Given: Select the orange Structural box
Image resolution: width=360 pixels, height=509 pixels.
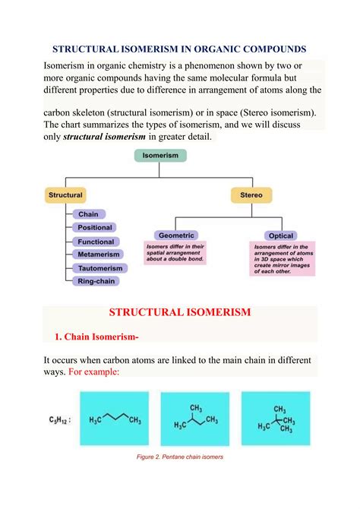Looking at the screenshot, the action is tap(66, 195).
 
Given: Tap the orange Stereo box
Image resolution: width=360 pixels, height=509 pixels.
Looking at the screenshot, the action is tap(251, 195).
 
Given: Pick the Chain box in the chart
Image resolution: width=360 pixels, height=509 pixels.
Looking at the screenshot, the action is tap(88, 214).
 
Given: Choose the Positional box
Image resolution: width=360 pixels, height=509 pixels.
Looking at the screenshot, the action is tap(95, 228).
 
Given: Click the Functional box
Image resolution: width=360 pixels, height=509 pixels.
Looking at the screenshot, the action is tap(95, 242).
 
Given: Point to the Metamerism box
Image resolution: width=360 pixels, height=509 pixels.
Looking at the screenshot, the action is tap(96, 254).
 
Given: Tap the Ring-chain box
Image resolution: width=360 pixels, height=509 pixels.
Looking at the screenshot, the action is tap(96, 281).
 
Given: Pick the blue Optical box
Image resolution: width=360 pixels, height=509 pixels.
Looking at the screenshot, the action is tap(282, 236).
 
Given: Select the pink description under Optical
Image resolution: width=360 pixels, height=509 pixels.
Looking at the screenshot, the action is tap(282, 258).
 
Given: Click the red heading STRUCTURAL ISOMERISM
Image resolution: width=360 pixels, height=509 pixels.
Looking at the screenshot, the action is tap(179, 313).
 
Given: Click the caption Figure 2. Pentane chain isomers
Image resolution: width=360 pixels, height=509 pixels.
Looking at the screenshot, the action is tap(180, 457).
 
